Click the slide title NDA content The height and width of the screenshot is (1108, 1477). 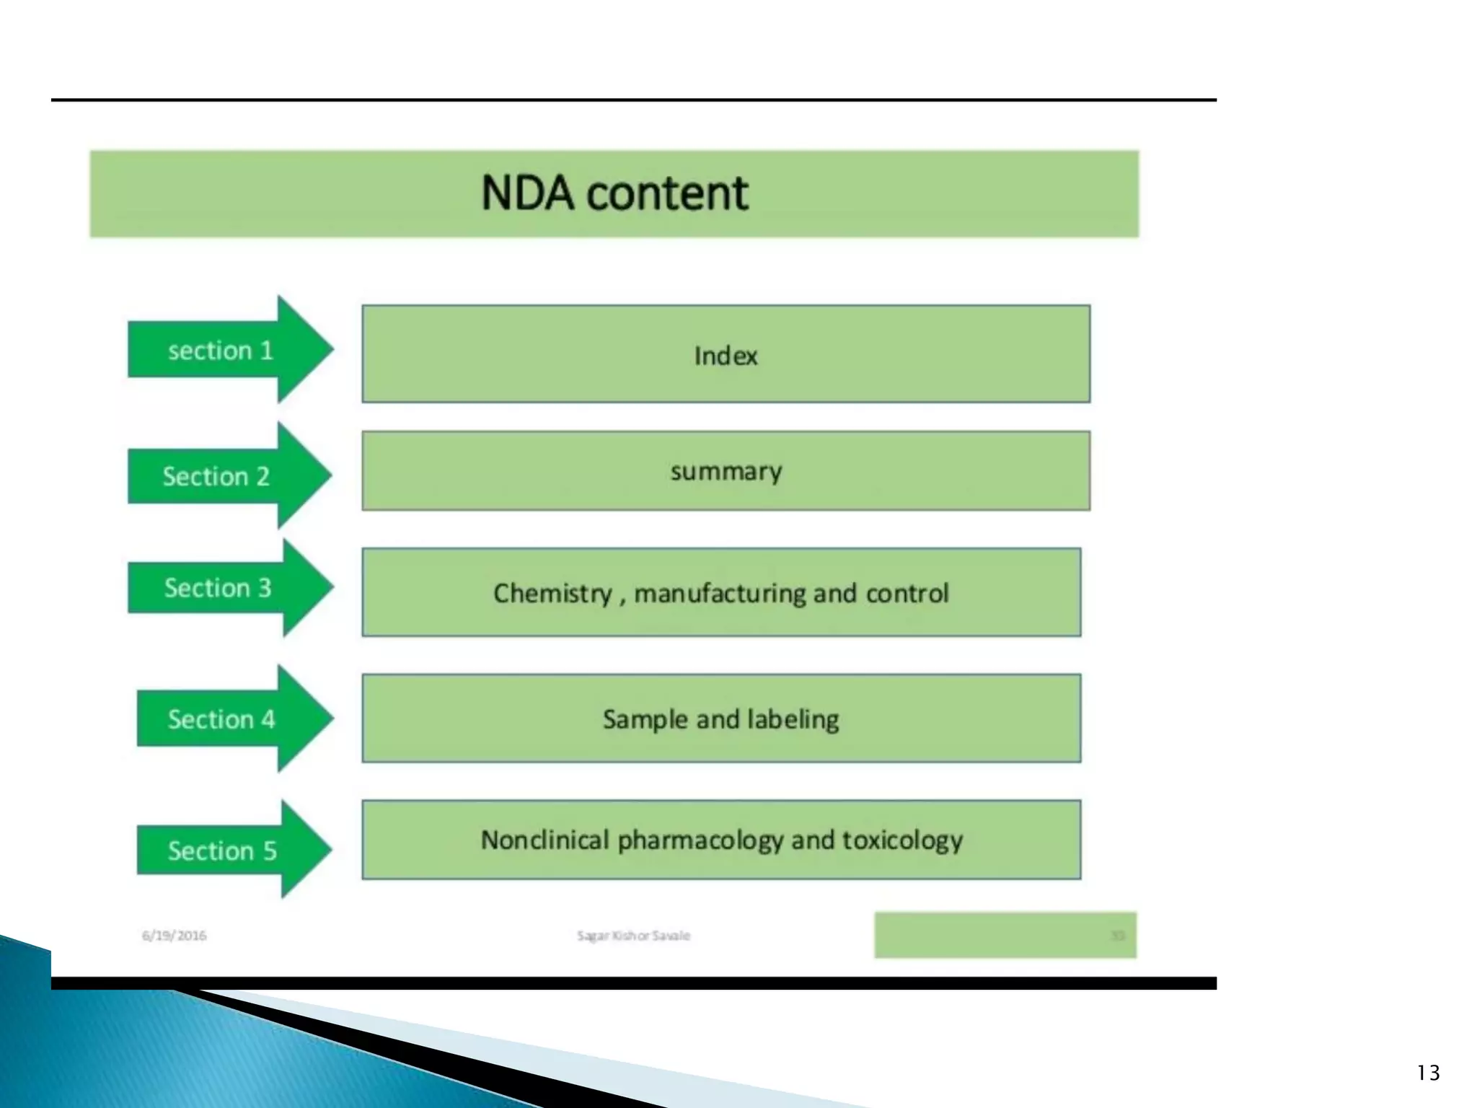pos(614,193)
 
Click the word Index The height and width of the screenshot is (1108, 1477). pos(726,356)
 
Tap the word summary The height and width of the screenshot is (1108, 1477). pos(726,472)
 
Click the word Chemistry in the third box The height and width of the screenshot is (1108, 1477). pos(552,593)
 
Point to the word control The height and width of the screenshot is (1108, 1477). pos(907,593)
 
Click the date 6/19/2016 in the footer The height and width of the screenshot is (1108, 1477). pos(174,936)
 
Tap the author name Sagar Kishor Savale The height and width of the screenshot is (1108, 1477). pos(633,936)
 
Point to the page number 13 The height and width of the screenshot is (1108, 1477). pos(1428,1073)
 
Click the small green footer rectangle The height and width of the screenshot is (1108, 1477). pos(1005,935)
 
